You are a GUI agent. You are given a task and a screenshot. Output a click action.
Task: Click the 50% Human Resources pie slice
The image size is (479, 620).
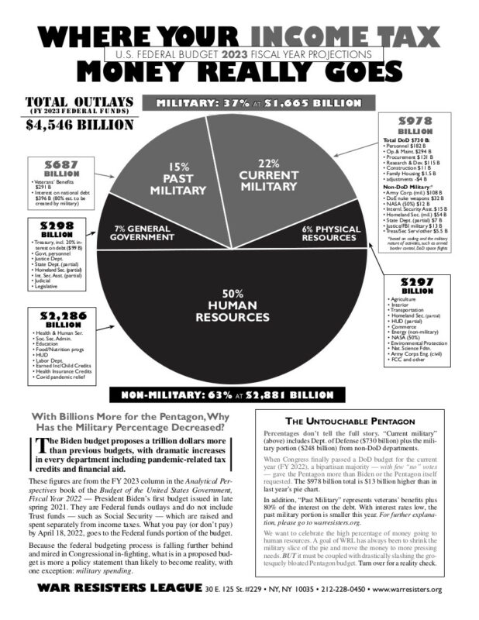point(232,310)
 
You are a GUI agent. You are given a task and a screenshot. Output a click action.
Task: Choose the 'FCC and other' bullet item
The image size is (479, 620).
point(407,359)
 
